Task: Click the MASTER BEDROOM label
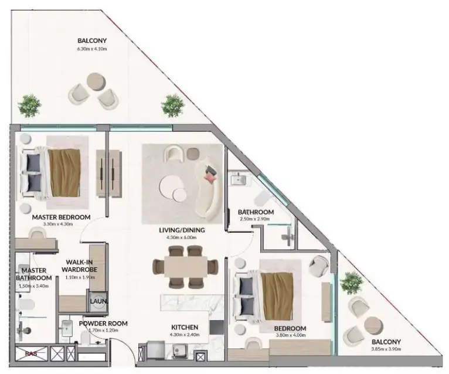coord(60,217)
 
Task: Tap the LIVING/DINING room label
coord(182,230)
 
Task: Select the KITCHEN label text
coord(185,327)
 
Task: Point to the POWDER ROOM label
coord(87,324)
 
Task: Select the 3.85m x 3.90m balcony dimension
coord(385,349)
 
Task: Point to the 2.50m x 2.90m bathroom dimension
coord(255,219)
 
